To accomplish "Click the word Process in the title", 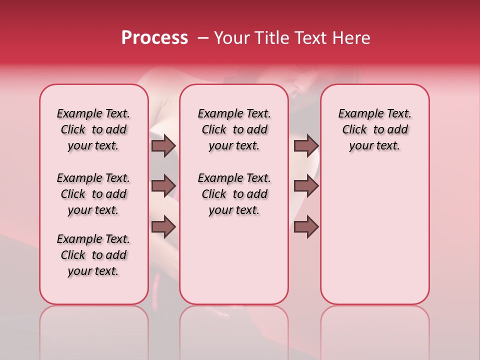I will [154, 38].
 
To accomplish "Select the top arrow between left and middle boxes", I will [163, 145].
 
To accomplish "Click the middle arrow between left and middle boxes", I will [163, 186].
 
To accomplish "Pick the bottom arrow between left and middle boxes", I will [163, 226].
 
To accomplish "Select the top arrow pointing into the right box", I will [306, 145].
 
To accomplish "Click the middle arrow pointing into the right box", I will [306, 186].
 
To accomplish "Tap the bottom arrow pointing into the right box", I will [306, 226].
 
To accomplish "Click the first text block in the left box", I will [93, 129].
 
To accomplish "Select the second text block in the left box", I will [93, 194].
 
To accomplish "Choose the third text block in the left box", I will [93, 255].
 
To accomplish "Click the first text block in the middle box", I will [234, 129].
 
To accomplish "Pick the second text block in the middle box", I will [234, 194].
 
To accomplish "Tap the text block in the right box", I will [374, 129].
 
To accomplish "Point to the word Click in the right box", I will [354, 130].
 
